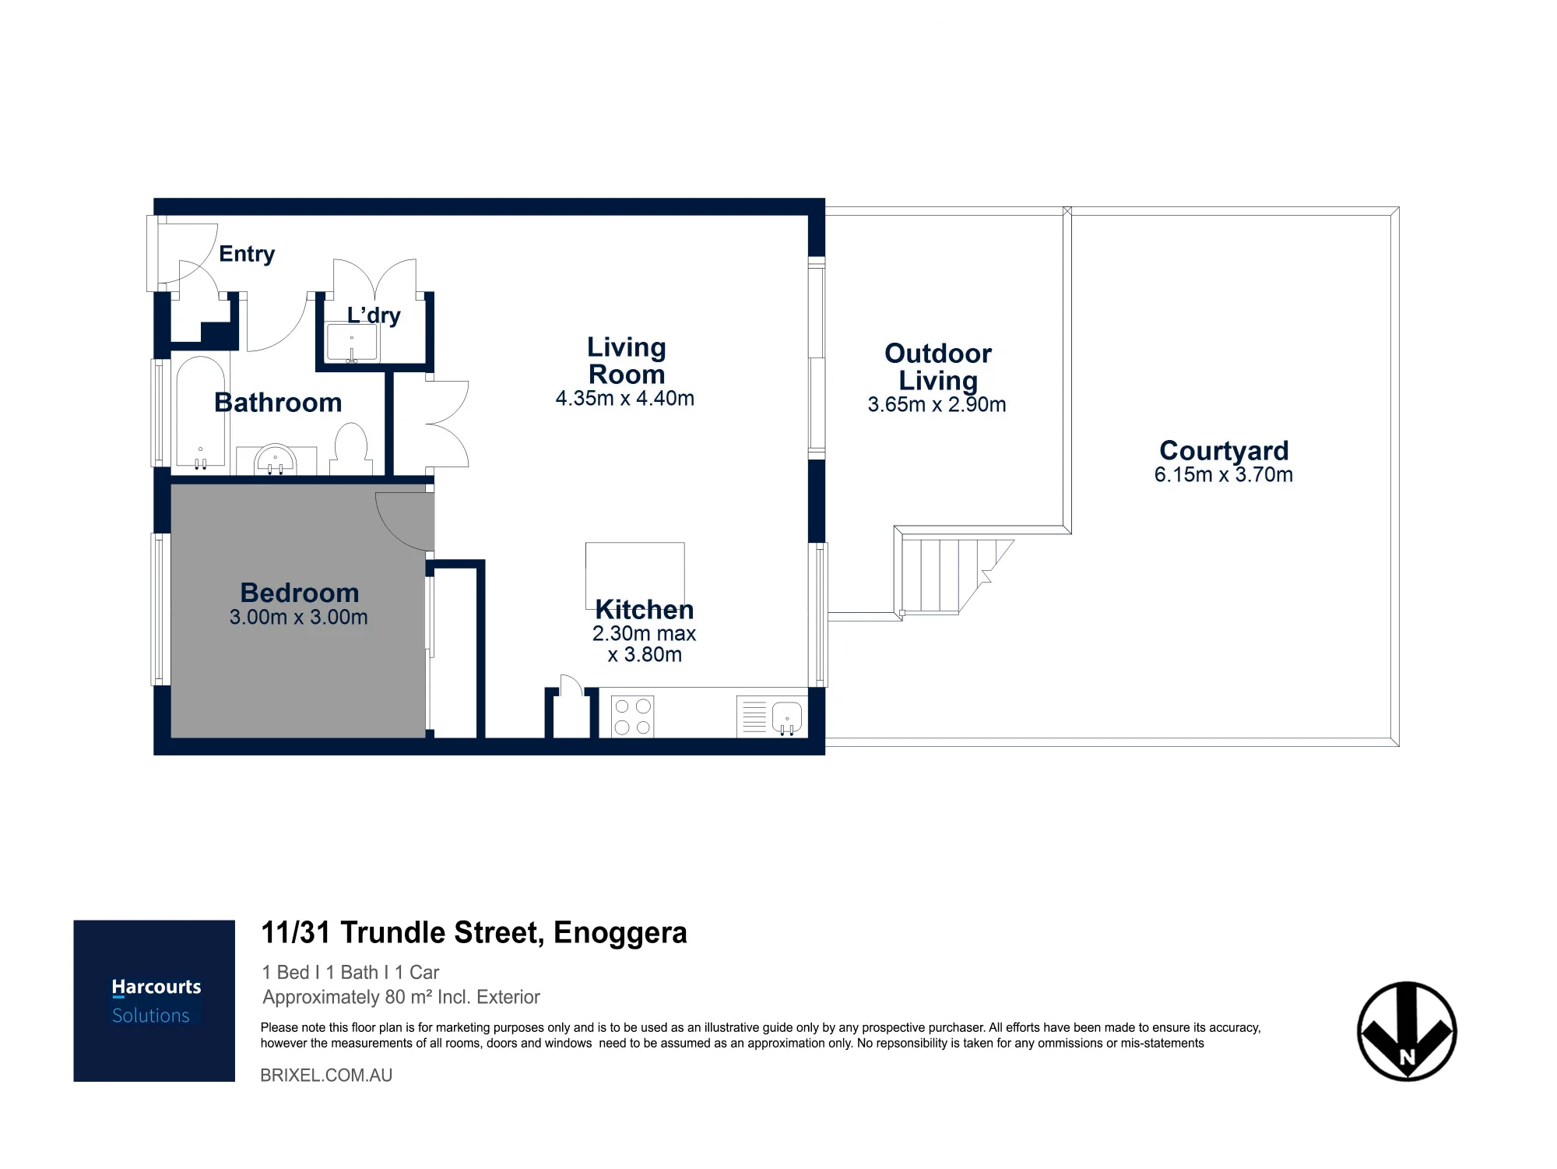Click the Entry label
pos(247,254)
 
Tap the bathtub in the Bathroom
pos(200,414)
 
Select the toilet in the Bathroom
pos(350,449)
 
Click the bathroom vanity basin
pos(276,460)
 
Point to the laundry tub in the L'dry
pos(352,344)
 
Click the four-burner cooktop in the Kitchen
pos(632,717)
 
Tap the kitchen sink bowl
pos(787,718)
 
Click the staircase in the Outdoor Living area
pos(954,576)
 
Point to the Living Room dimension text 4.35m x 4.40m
pos(625,399)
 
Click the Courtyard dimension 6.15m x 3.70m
pos(1224,475)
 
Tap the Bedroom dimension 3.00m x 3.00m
pos(299,618)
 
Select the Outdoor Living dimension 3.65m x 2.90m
pos(937,405)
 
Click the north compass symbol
pos(1407,1032)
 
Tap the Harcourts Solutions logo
pos(154,1001)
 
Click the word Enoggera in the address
pos(620,933)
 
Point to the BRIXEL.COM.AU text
pos(326,1076)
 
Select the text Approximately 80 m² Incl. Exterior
pos(402,998)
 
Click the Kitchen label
pos(645,609)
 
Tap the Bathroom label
pos(278,403)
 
